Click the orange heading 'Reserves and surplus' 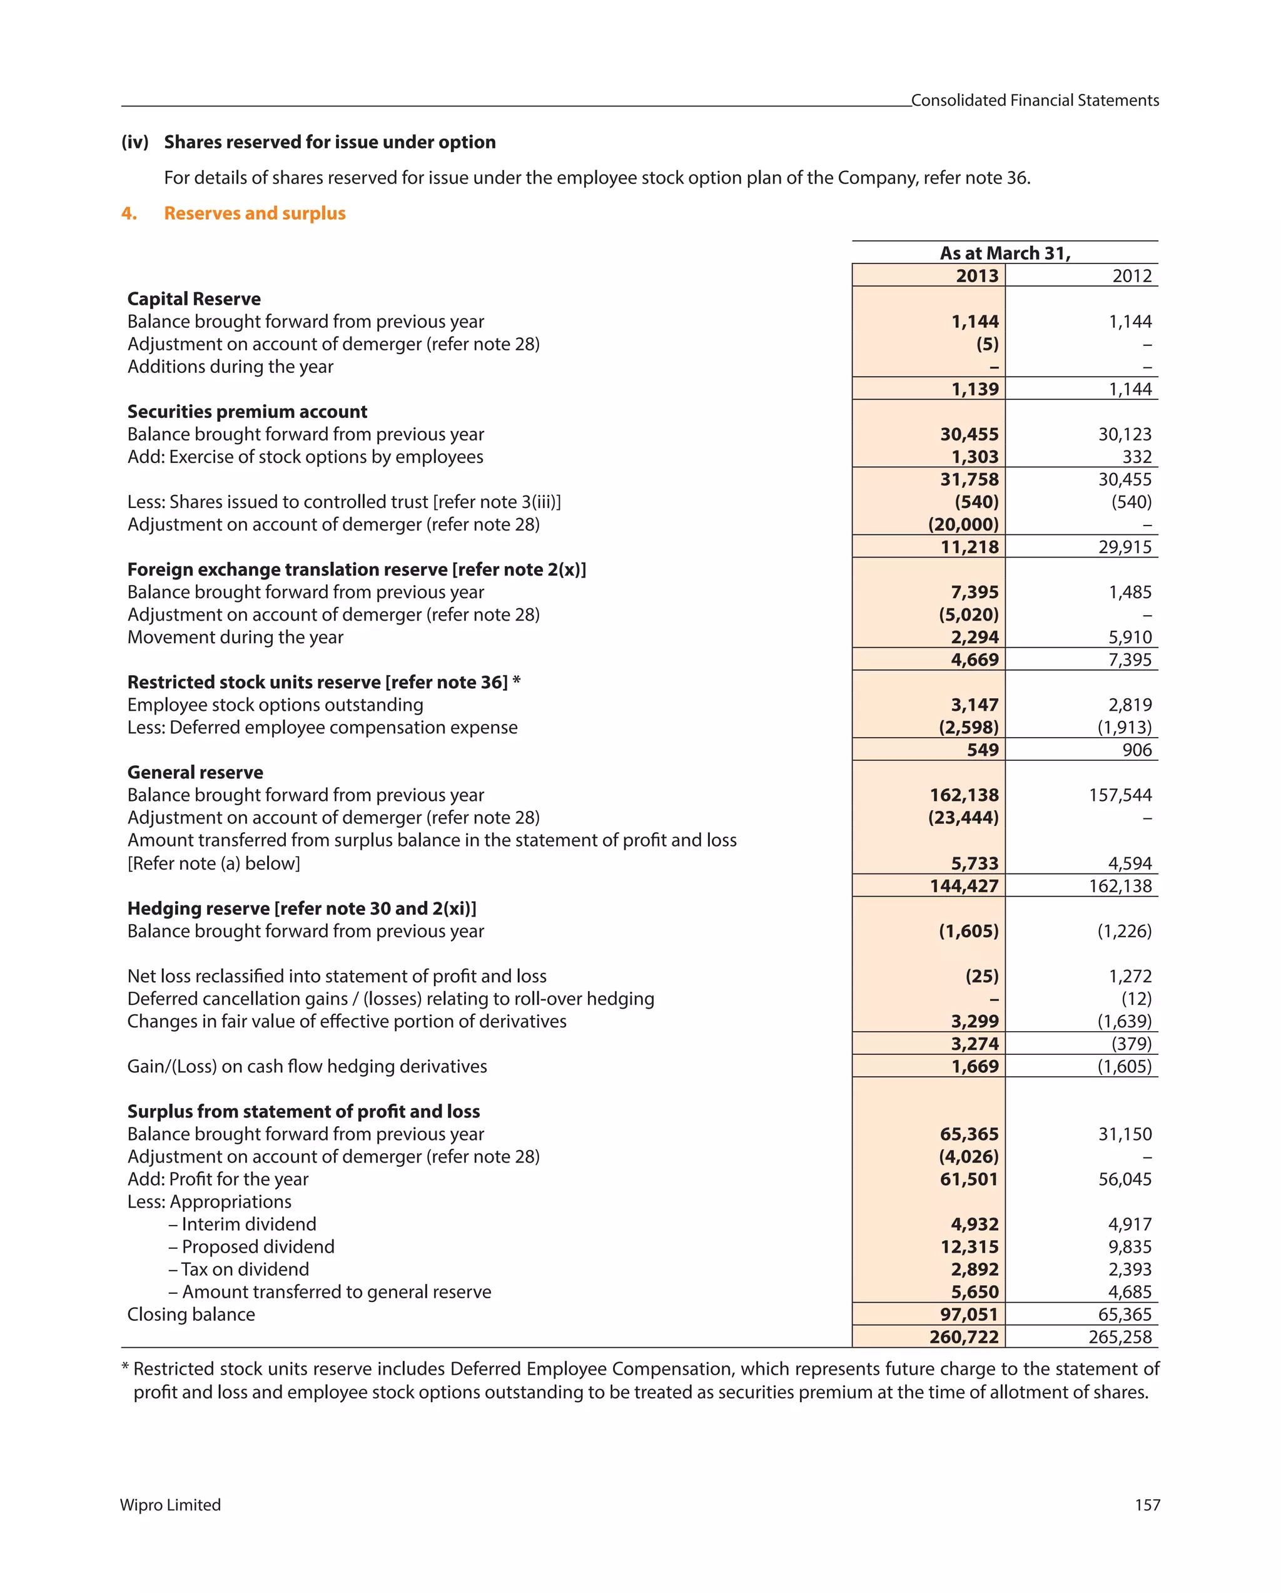click(x=254, y=213)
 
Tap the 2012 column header click(x=1131, y=277)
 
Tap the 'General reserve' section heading click(x=195, y=773)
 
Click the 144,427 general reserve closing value click(x=963, y=886)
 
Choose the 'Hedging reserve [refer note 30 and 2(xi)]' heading click(x=301, y=908)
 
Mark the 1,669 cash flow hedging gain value click(x=975, y=1067)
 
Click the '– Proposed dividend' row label click(x=251, y=1247)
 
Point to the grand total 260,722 click(x=963, y=1337)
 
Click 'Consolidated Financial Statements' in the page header click(x=1035, y=101)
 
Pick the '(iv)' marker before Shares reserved click(x=135, y=143)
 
